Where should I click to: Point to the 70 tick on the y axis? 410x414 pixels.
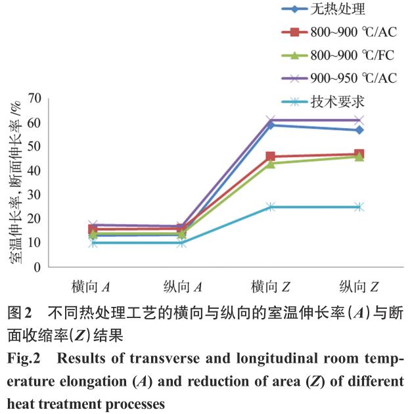34,99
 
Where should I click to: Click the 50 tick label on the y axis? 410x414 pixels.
34,147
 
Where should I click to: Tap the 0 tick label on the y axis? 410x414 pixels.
37,268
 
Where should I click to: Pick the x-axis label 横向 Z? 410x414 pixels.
269,287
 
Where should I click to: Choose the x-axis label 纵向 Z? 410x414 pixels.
359,287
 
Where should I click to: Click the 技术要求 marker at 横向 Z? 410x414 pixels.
271,207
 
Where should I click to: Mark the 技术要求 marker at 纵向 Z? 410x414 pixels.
359,207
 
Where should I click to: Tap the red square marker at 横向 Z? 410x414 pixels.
271,156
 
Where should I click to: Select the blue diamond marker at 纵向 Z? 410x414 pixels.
359,130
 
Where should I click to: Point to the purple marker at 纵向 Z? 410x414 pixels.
359,120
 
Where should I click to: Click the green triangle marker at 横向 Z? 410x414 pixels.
271,163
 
